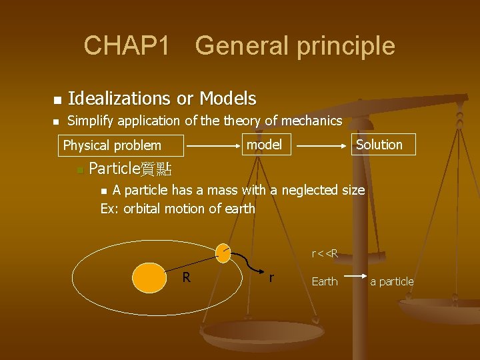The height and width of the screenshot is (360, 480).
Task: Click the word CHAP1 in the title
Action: click(x=126, y=46)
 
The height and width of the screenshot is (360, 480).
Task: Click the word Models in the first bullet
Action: click(x=231, y=99)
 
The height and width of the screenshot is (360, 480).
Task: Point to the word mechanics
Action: click(x=311, y=121)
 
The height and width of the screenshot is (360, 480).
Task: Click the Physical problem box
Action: click(x=112, y=145)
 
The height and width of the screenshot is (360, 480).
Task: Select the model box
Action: click(x=264, y=145)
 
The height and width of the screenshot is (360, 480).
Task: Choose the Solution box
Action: click(x=379, y=145)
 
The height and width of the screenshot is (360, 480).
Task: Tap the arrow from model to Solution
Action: click(x=324, y=144)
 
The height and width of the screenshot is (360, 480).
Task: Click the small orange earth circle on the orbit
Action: click(x=223, y=251)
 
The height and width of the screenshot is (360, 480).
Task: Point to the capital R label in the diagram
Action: click(x=187, y=277)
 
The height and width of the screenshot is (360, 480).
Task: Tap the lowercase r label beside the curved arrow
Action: click(x=271, y=277)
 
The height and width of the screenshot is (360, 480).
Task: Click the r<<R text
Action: click(x=325, y=253)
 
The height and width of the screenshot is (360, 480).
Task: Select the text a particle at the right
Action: click(x=392, y=281)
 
